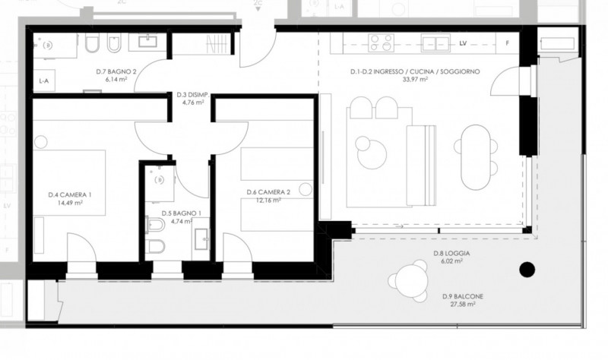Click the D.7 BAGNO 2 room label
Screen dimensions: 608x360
pyautogui.click(x=116, y=71)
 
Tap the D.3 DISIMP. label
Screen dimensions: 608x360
pyautogui.click(x=193, y=94)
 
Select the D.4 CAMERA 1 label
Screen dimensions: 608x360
pyautogui.click(x=70, y=195)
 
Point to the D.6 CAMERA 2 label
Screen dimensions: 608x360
pyautogui.click(x=268, y=192)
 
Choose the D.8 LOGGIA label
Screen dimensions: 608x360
pyautogui.click(x=451, y=254)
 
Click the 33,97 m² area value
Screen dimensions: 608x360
pyautogui.click(x=415, y=80)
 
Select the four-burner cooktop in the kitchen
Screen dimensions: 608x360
pyautogui.click(x=382, y=43)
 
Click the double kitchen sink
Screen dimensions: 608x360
pyautogui.click(x=435, y=43)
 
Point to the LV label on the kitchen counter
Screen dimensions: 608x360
pyautogui.click(x=463, y=43)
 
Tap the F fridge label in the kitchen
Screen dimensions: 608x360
pyautogui.click(x=507, y=43)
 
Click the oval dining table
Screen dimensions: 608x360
pyautogui.click(x=476, y=157)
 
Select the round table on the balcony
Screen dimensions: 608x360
pyautogui.click(x=409, y=281)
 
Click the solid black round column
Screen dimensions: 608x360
pyautogui.click(x=527, y=270)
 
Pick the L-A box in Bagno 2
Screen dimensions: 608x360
pyautogui.click(x=44, y=81)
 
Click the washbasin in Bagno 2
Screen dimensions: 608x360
pyautogui.click(x=147, y=42)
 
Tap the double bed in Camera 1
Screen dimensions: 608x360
pyautogui.click(x=69, y=182)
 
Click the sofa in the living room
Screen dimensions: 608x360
pyautogui.click(x=421, y=166)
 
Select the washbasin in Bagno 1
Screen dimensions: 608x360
pyautogui.click(x=201, y=238)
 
